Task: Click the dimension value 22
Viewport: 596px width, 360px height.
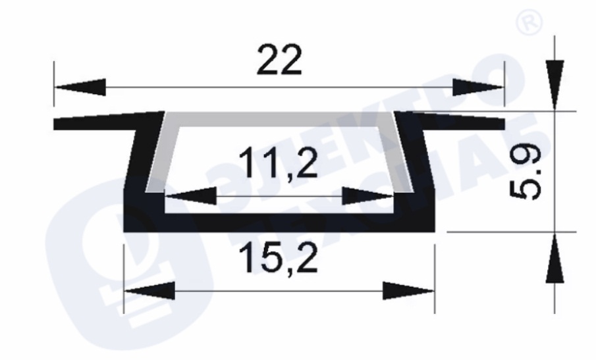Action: click(279, 60)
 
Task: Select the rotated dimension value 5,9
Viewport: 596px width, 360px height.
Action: click(526, 173)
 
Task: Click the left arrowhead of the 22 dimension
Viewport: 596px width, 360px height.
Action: click(80, 88)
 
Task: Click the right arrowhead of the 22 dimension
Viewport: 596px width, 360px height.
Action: click(479, 88)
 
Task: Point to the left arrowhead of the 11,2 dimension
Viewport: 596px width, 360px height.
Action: click(191, 196)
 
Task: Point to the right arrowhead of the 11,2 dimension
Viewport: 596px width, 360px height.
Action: click(368, 196)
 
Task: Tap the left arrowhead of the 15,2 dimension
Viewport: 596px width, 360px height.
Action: click(149, 291)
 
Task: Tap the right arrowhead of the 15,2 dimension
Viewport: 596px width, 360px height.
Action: click(408, 291)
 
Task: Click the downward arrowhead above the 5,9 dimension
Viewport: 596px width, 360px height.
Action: click(555, 85)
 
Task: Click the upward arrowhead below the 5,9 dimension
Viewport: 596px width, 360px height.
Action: click(555, 258)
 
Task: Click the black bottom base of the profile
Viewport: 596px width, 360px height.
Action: click(279, 222)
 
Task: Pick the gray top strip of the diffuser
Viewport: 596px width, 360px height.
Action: click(279, 119)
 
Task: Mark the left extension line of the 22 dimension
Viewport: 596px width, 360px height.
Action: click(54, 84)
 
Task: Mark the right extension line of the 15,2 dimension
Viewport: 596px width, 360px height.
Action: click(435, 279)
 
